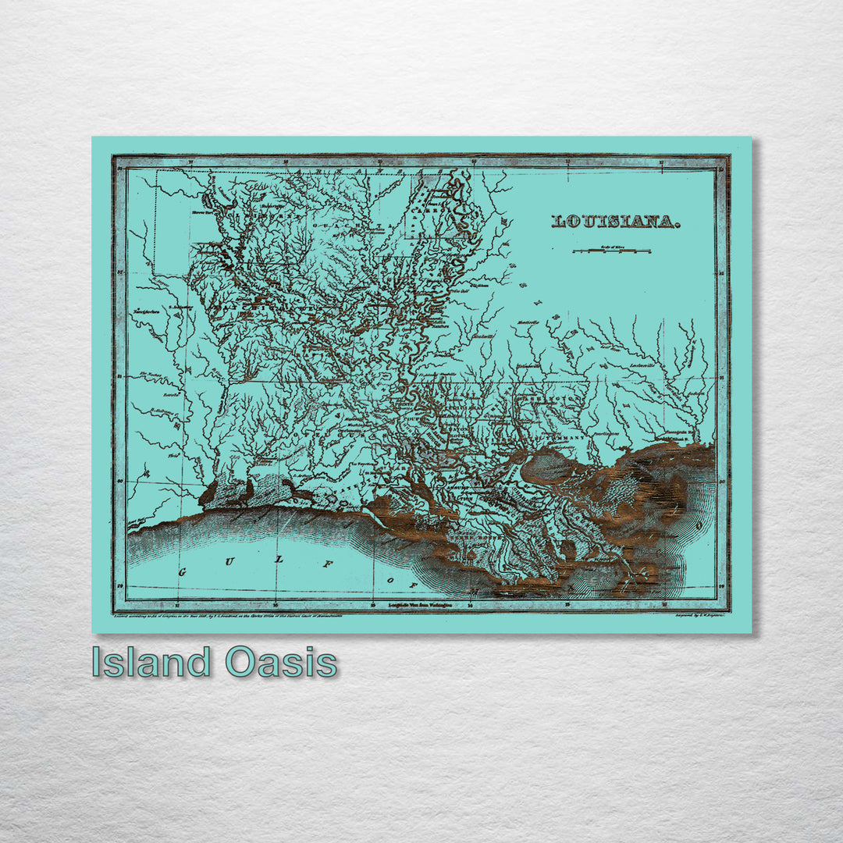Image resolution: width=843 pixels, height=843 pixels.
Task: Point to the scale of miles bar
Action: pyautogui.click(x=612, y=251)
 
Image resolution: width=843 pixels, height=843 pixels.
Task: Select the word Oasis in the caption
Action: pyautogui.click(x=281, y=663)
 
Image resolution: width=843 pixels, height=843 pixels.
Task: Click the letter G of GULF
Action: pyautogui.click(x=184, y=573)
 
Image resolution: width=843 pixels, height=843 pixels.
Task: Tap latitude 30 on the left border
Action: pyautogui.click(x=120, y=481)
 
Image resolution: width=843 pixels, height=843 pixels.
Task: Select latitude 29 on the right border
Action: pyautogui.click(x=721, y=585)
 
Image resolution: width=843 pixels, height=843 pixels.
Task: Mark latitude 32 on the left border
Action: pyautogui.click(x=120, y=272)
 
